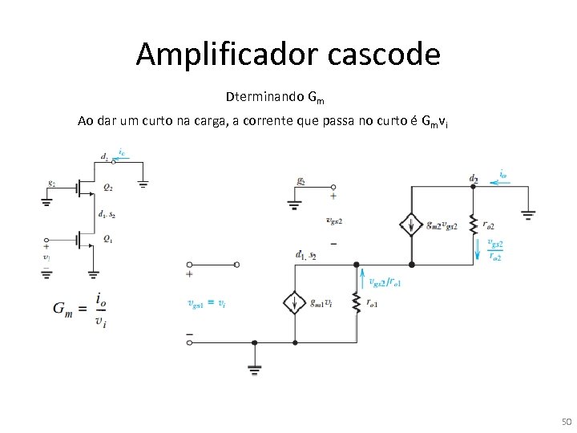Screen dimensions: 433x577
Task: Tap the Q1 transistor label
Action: click(x=107, y=239)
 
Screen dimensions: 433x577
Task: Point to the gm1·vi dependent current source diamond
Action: click(x=295, y=303)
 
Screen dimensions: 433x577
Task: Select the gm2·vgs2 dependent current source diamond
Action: click(x=411, y=225)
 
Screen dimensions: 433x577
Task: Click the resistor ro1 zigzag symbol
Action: click(x=354, y=303)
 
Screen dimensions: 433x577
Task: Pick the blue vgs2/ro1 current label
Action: click(x=385, y=282)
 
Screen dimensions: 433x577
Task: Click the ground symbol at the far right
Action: click(x=528, y=214)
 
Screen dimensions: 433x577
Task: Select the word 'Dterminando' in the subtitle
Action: click(x=264, y=98)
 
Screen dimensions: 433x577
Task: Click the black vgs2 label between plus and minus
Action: click(x=335, y=221)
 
